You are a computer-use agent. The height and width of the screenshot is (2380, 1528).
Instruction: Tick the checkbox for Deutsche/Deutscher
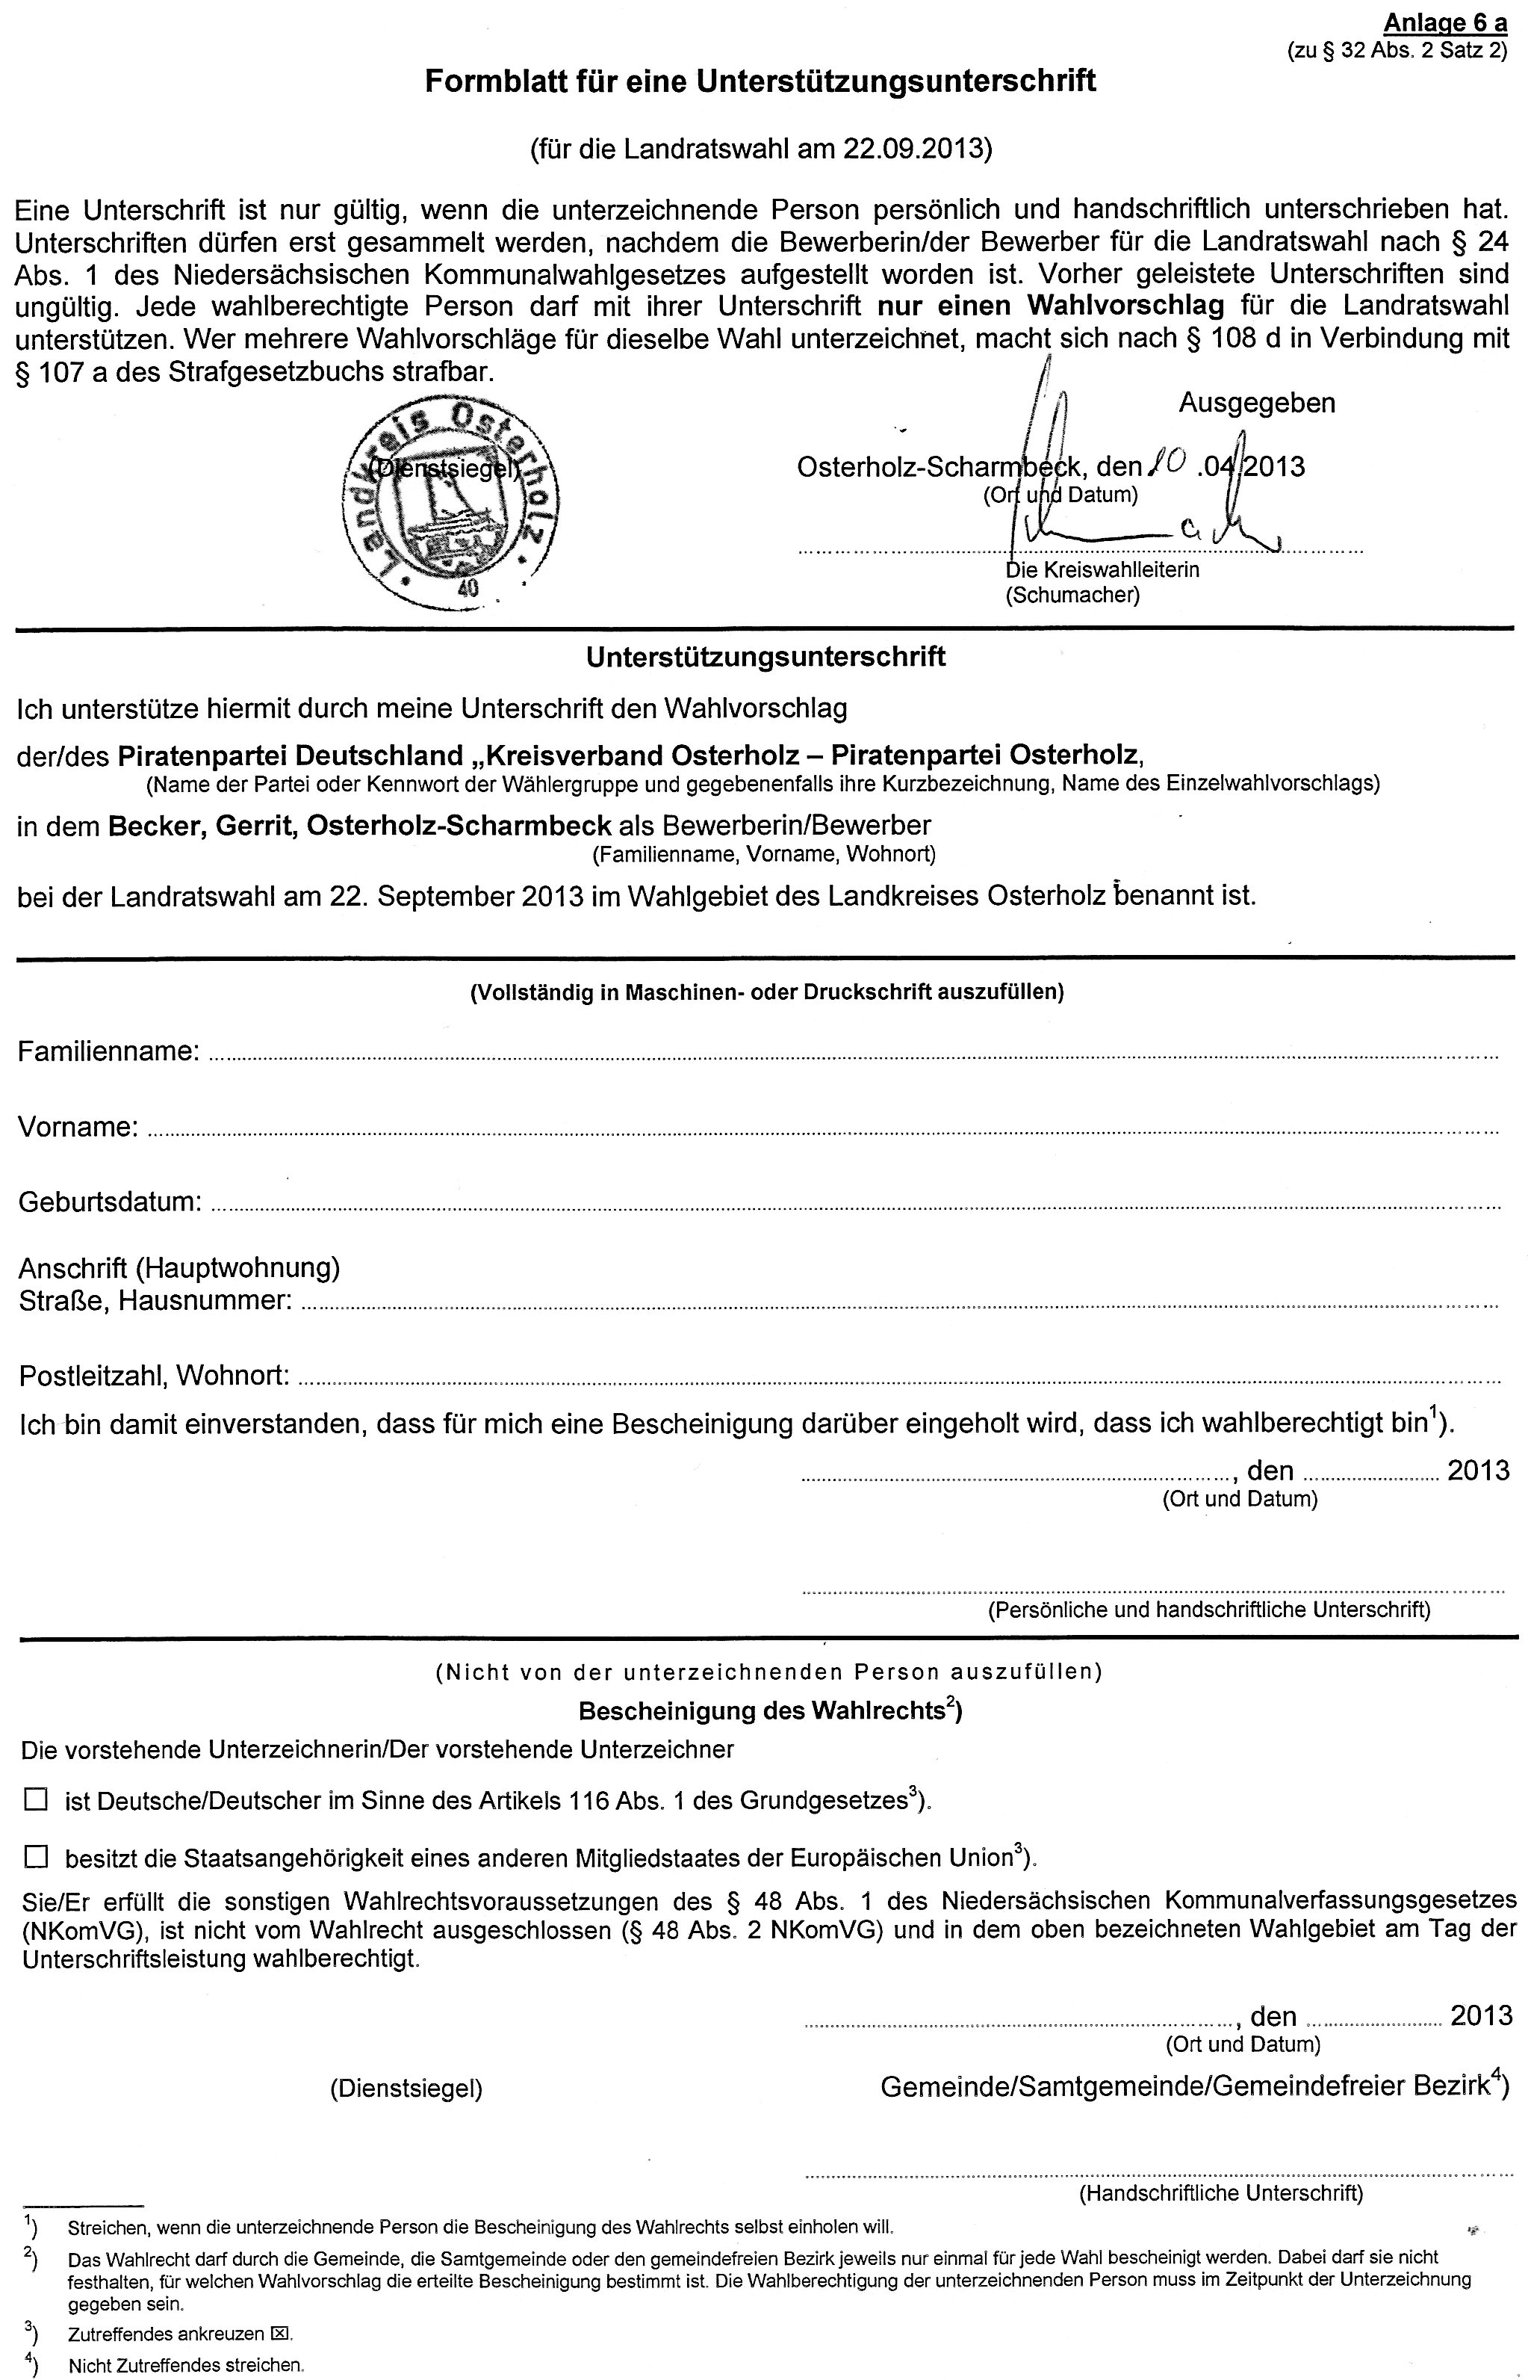(x=36, y=1800)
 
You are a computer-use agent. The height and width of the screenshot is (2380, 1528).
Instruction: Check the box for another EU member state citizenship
(x=36, y=1856)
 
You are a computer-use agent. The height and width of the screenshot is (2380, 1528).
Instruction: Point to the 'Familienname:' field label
(x=109, y=1051)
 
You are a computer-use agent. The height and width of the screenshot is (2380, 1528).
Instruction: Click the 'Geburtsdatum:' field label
(x=110, y=1202)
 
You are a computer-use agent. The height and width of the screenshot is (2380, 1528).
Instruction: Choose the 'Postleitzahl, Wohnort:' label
(x=154, y=1376)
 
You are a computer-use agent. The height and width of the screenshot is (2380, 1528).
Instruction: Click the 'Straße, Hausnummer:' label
(x=155, y=1300)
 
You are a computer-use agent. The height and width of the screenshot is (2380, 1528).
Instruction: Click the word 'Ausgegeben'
(x=1256, y=403)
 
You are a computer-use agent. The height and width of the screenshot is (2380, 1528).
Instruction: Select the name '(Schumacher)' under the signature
(x=1072, y=596)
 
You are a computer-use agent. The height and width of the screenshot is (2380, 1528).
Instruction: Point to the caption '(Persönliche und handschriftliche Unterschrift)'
(x=1208, y=1609)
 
